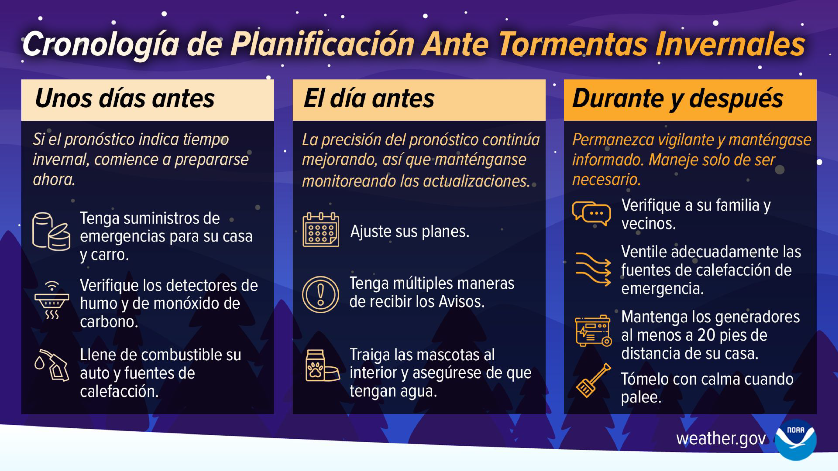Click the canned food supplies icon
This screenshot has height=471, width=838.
(51, 231)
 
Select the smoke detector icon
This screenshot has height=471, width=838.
(52, 300)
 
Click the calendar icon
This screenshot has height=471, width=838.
(321, 230)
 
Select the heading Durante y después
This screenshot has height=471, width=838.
(678, 99)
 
